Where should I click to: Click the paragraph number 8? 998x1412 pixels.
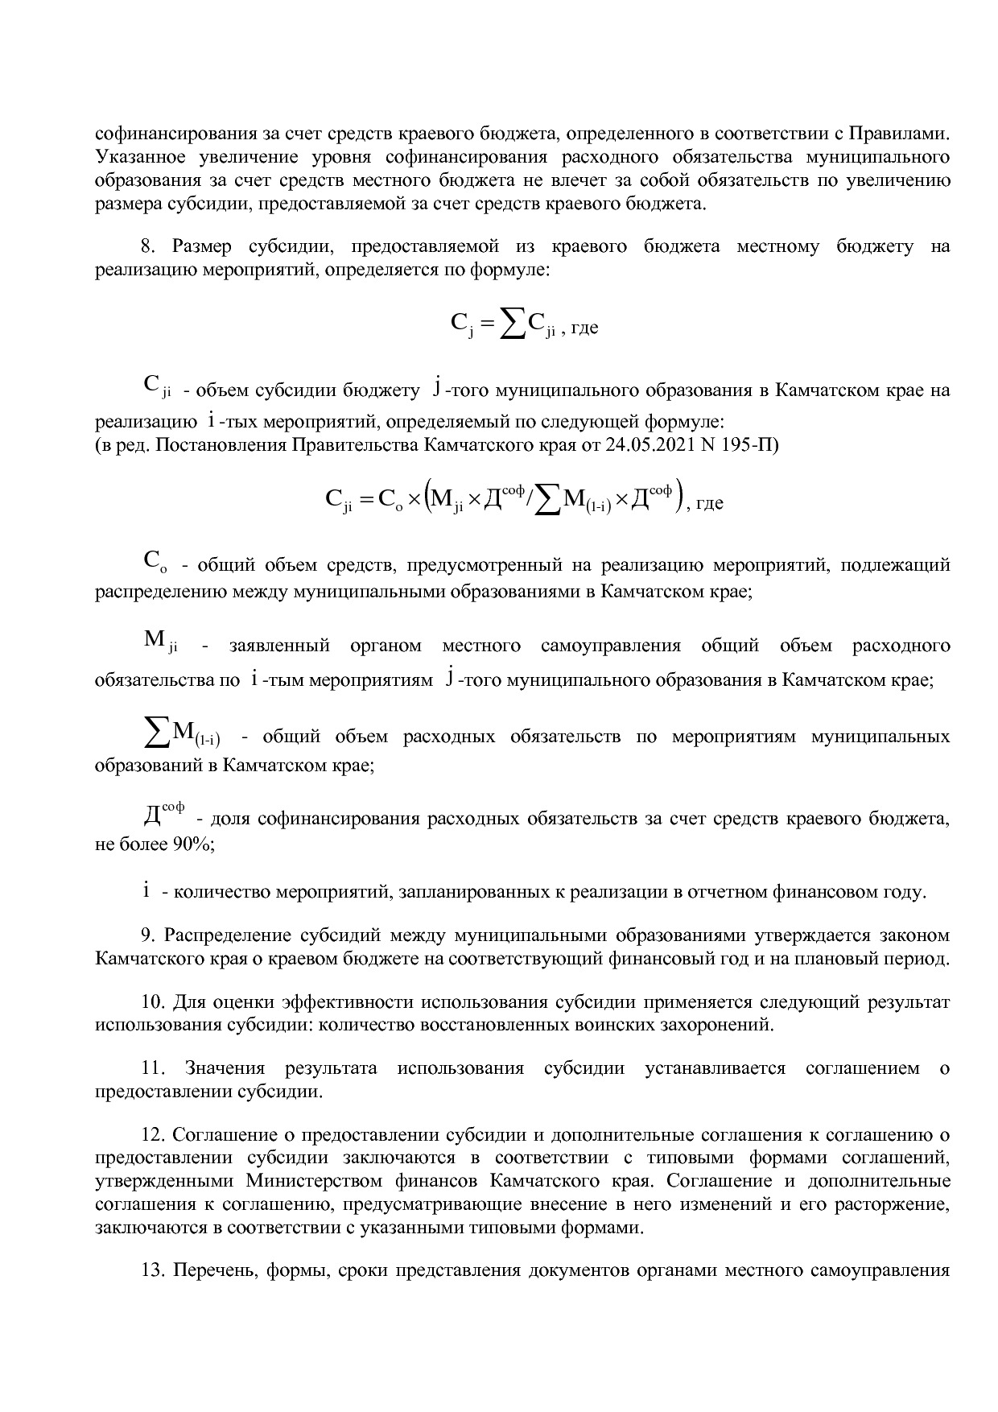click(x=146, y=247)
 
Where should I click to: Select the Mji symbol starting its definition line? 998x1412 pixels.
click(x=160, y=642)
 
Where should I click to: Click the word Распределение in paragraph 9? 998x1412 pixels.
click(x=228, y=935)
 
